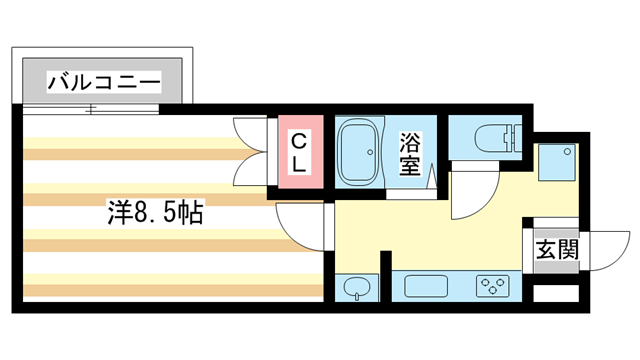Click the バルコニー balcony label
click(105, 81)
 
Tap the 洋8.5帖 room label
click(155, 212)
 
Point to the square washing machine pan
click(558, 163)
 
